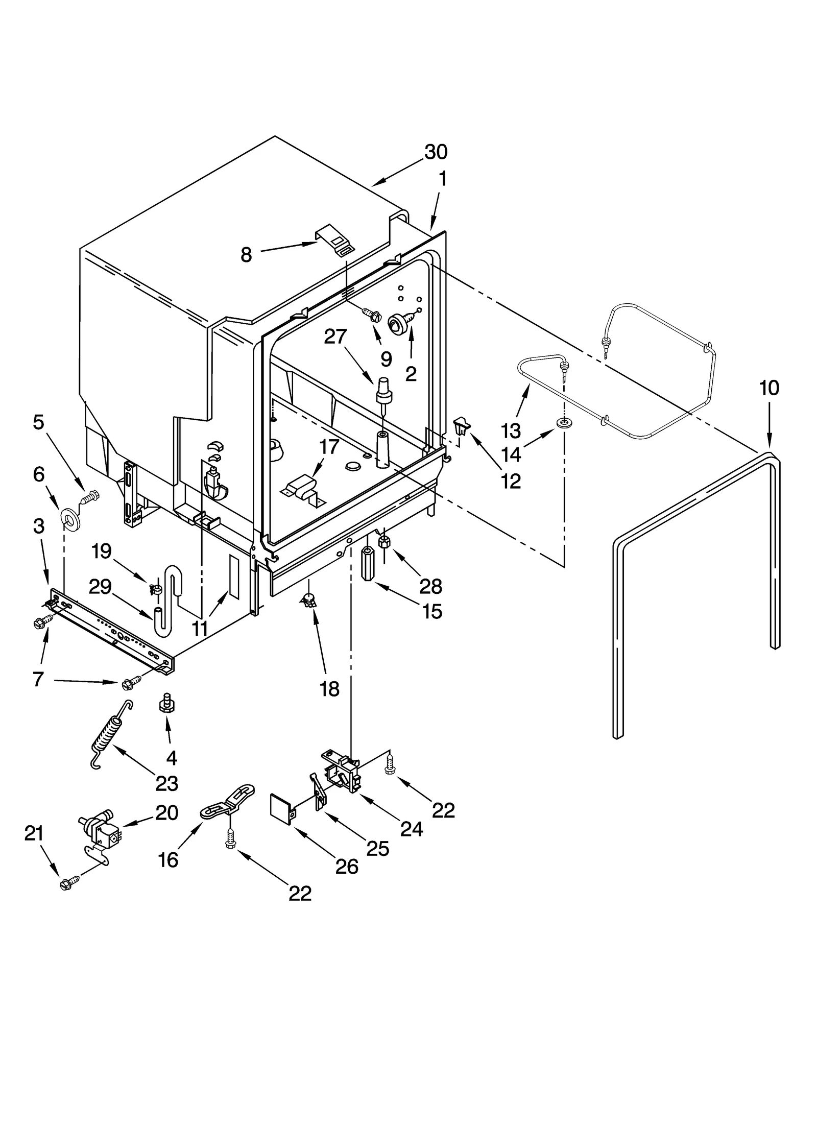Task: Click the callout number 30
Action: point(436,152)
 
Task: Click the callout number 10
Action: point(769,388)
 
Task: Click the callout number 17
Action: point(329,447)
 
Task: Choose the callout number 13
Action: point(511,430)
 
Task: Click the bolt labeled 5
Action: point(90,496)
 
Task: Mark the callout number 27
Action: point(335,337)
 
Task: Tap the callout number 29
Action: point(100,587)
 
